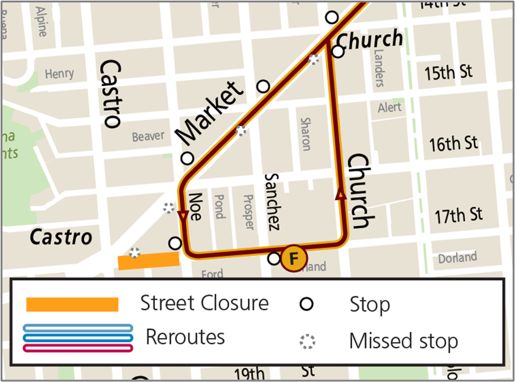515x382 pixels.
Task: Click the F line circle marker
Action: pos(294,259)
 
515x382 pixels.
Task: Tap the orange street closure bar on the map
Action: pos(148,261)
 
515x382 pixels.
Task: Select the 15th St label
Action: pos(448,74)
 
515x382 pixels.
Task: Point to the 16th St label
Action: pos(453,144)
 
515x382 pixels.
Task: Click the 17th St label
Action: pos(459,214)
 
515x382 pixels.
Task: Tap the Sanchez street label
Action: pos(272,202)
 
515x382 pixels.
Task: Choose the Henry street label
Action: pos(59,74)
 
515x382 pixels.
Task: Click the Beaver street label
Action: pos(148,137)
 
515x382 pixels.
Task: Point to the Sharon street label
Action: pos(305,134)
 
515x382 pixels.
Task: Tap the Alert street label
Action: pos(389,108)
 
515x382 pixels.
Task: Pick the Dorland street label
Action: pos(457,258)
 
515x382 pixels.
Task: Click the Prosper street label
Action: pos(248,211)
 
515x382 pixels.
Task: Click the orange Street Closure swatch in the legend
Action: pos(72,304)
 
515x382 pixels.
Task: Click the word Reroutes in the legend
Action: pos(185,337)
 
